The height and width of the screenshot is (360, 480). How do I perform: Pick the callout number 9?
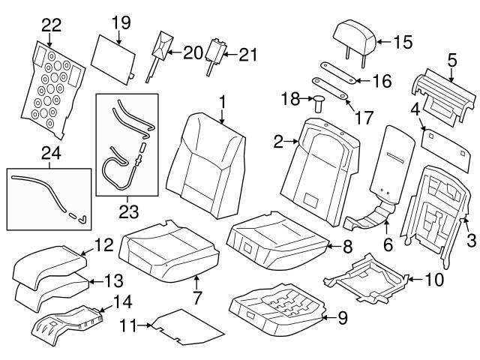(342, 318)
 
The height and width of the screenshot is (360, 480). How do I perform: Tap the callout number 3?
(471, 240)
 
